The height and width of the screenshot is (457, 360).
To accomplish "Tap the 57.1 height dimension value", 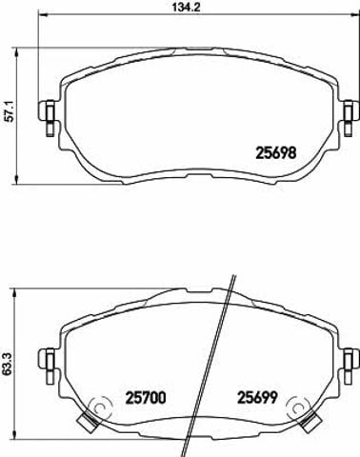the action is click(10, 111).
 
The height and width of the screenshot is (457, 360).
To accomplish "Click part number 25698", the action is click(275, 152).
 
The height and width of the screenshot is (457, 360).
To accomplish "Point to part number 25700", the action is click(146, 398).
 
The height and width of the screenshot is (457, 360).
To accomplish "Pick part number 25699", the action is click(258, 397).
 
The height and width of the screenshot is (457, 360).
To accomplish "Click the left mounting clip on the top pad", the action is click(47, 117).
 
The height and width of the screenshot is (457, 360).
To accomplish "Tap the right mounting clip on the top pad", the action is click(350, 117).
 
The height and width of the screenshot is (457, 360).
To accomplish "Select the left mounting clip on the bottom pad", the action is click(47, 367).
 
